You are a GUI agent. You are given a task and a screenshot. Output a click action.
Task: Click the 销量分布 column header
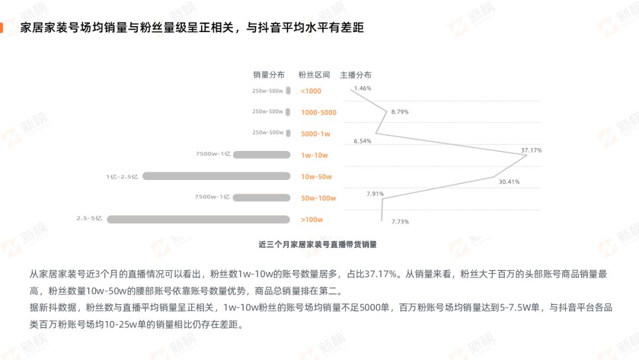269,75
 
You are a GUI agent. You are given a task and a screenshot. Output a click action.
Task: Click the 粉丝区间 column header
314,75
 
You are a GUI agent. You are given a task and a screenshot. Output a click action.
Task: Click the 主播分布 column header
356,75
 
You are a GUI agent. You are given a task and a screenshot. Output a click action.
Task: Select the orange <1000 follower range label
311,91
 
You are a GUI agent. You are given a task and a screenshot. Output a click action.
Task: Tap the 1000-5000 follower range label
319,112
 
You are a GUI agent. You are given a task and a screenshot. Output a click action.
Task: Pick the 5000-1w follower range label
315,134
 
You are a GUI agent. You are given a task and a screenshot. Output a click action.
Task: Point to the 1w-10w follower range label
314,155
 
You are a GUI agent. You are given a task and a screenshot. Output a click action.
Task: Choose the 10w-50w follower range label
316,176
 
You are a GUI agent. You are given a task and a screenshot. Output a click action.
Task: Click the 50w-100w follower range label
318,198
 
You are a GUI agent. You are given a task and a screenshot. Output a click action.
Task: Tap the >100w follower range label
312,219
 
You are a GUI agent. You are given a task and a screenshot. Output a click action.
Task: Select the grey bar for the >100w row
198,219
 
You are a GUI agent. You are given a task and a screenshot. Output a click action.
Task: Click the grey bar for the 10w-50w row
217,176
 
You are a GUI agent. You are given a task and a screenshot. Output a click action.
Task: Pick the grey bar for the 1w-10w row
262,155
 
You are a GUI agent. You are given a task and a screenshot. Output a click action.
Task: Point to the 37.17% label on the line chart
531,150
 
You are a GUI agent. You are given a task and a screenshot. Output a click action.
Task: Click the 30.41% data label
509,182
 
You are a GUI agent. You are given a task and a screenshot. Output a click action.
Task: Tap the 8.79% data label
400,112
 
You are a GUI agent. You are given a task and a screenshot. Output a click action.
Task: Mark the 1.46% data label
363,88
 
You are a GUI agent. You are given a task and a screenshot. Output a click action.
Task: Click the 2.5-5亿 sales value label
89,218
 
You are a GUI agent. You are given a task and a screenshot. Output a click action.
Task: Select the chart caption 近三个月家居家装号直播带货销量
318,245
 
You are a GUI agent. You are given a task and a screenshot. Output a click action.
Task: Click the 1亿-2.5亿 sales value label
122,176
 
